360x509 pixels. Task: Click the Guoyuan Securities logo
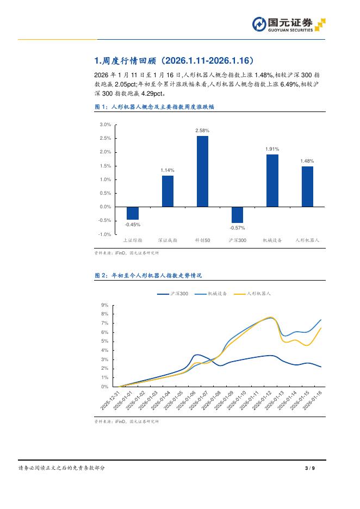tap(289, 24)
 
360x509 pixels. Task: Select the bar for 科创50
tap(202, 171)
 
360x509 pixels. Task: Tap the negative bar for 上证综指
tap(133, 213)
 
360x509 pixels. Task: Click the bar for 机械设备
tap(272, 181)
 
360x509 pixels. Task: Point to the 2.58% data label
tap(202, 131)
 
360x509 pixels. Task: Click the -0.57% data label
tap(237, 227)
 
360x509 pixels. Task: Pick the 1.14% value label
tap(167, 170)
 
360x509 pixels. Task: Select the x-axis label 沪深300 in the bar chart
tap(237, 240)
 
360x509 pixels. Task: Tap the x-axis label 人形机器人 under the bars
tap(307, 240)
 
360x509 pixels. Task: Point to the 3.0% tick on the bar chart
tap(105, 125)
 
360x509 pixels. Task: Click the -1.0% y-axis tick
tap(105, 234)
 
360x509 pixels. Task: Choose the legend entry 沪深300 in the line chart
tap(173, 293)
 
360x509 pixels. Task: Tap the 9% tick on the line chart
tap(105, 305)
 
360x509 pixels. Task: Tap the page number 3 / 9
tap(311, 468)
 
